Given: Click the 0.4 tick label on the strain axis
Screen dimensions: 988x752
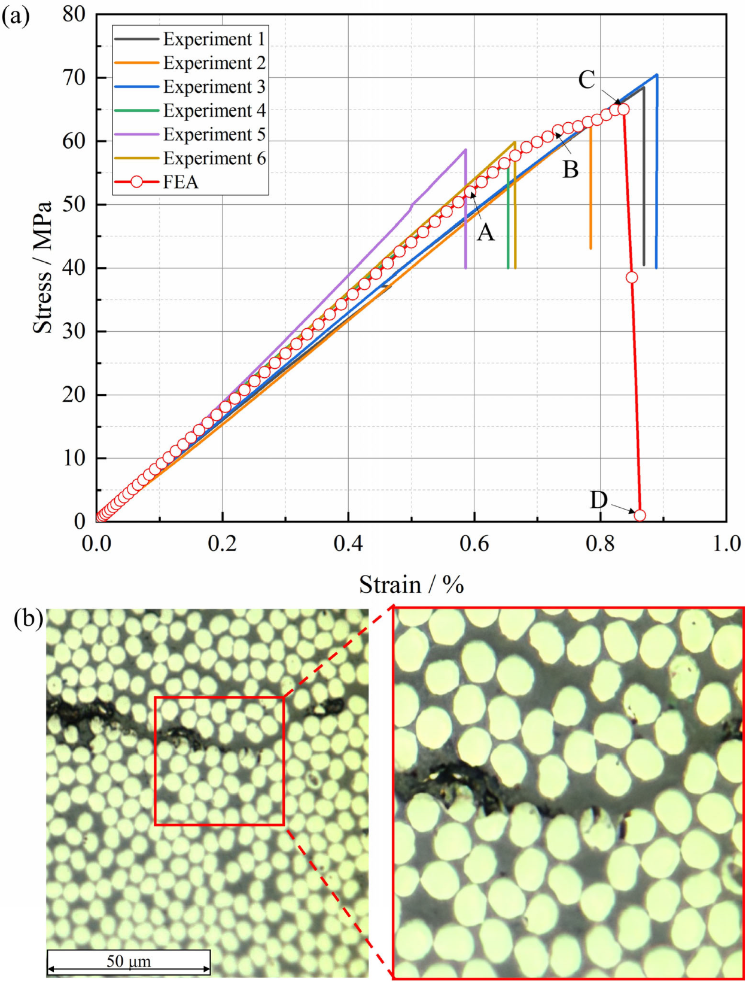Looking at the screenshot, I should tap(348, 543).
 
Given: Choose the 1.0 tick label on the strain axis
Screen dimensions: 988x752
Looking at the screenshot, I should tap(726, 543).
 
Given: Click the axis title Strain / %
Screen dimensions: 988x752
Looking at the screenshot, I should tap(412, 584).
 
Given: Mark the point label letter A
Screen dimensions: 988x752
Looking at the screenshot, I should tap(486, 232).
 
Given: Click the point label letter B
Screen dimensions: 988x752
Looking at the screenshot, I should tap(570, 169).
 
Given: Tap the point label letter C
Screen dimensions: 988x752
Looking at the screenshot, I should tap(586, 80).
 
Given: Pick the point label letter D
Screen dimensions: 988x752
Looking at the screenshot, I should tap(599, 500).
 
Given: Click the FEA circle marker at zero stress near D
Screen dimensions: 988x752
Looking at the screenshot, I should tap(640, 515).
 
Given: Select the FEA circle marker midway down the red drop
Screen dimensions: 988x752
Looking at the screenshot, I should tap(632, 277).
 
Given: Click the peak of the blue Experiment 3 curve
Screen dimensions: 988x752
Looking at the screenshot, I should tap(657, 75).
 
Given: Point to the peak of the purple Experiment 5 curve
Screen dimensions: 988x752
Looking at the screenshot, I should tap(465, 150).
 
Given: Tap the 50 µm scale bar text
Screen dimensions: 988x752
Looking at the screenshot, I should tap(129, 962).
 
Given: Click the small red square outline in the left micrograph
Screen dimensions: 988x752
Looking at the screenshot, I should tap(219, 698).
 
